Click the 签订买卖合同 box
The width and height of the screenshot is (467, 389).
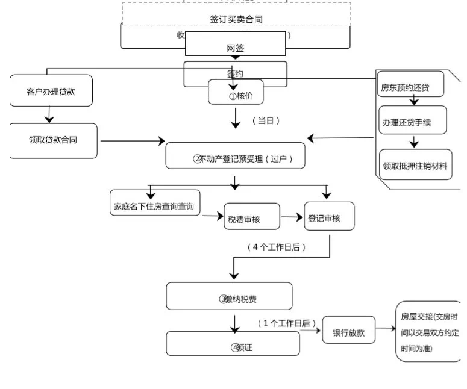(x=236, y=19)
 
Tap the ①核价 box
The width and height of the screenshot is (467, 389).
(x=236, y=93)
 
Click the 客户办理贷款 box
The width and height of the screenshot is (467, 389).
(x=51, y=91)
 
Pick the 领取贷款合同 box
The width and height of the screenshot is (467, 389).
(x=54, y=140)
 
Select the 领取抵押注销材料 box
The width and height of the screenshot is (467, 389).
(x=415, y=164)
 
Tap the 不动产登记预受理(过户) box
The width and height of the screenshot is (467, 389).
(x=236, y=158)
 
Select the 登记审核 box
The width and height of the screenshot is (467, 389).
(x=328, y=217)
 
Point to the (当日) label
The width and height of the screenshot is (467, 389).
(x=265, y=120)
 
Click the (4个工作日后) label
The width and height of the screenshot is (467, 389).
(x=277, y=247)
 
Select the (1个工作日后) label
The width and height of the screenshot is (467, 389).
(x=287, y=323)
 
